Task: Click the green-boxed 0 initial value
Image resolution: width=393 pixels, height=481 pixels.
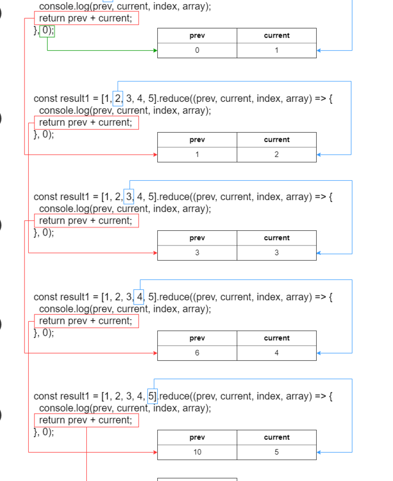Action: click(x=47, y=31)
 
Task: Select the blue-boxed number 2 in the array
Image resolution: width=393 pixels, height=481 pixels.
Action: click(x=118, y=99)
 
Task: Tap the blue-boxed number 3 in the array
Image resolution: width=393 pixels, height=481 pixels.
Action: click(x=129, y=197)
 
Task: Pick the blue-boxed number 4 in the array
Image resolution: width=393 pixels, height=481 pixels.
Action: click(x=139, y=297)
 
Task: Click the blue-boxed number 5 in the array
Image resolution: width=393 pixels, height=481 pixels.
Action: click(x=152, y=396)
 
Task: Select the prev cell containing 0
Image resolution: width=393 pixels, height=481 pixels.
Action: click(x=197, y=50)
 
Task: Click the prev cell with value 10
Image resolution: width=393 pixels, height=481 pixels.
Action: click(x=197, y=452)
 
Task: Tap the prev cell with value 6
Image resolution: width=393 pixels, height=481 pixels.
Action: click(x=197, y=353)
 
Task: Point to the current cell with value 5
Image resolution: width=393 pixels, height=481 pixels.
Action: click(x=276, y=452)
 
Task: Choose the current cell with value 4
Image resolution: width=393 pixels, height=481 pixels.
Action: click(x=276, y=353)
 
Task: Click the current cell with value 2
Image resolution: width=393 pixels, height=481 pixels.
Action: click(x=276, y=155)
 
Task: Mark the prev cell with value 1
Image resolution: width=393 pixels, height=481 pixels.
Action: click(x=197, y=155)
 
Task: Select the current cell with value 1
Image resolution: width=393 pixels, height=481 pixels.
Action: click(x=276, y=50)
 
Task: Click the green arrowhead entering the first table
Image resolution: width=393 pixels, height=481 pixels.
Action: click(x=155, y=50)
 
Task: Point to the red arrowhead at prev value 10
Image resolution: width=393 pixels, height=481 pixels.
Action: click(x=155, y=452)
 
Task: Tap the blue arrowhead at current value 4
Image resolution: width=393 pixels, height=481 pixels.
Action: click(x=319, y=353)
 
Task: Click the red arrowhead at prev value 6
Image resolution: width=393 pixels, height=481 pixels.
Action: click(x=155, y=353)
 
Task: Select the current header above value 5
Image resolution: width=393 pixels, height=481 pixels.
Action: click(x=276, y=438)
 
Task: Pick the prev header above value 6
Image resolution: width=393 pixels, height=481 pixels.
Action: click(x=197, y=338)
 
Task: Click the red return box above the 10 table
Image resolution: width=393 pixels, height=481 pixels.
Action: click(x=87, y=420)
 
